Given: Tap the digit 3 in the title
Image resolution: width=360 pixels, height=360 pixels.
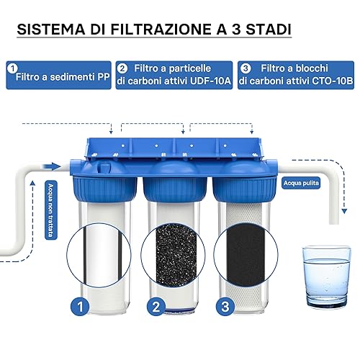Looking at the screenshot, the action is (x=236, y=30).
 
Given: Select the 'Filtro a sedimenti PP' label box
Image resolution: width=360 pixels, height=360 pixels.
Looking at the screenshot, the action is (x=58, y=75).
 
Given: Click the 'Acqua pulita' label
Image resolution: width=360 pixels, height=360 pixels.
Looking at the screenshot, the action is (x=301, y=183).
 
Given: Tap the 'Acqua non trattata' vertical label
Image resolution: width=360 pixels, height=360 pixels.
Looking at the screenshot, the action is (x=51, y=210).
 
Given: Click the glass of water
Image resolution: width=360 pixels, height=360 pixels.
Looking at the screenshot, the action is (x=326, y=276).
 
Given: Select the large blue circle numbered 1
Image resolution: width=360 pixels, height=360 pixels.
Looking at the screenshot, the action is (x=80, y=307).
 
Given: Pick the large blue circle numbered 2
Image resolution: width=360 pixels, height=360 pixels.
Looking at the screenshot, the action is (x=156, y=307).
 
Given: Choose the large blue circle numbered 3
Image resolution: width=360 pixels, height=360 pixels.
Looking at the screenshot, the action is (x=225, y=307).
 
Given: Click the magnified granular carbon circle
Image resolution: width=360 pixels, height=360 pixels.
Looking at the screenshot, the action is (x=173, y=255).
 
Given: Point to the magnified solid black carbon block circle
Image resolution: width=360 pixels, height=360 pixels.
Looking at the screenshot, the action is (x=246, y=255).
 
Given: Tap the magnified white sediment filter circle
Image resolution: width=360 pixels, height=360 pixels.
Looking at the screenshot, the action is (x=99, y=255).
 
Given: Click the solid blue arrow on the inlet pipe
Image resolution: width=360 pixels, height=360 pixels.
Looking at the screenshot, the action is (x=51, y=166).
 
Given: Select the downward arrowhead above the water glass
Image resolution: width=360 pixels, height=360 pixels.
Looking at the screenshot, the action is (x=344, y=211).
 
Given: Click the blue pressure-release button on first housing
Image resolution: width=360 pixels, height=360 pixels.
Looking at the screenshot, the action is (x=104, y=167).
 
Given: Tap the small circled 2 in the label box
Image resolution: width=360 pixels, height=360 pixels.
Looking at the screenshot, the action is (x=122, y=69).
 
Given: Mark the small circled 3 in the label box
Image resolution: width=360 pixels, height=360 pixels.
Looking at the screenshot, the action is (x=246, y=69).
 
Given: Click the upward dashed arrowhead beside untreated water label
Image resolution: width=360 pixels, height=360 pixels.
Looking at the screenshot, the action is (x=33, y=184).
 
